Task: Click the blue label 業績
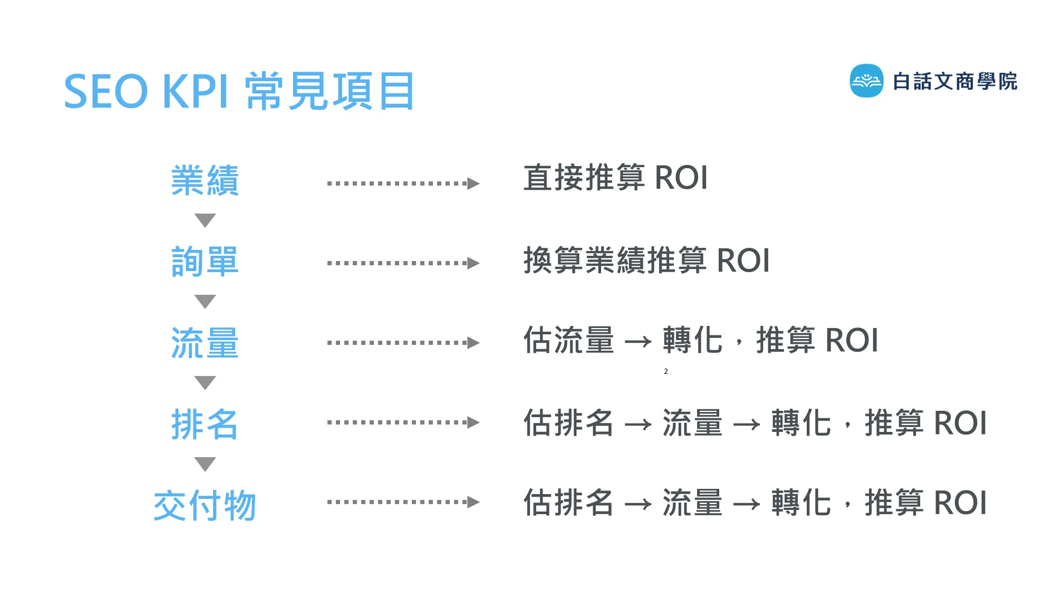(205, 180)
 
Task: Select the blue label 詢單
(205, 262)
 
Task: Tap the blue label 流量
(205, 343)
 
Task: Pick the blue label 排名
(205, 424)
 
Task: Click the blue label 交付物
(205, 505)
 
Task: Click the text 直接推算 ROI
(615, 178)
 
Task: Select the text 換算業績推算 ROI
(646, 261)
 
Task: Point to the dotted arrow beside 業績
(403, 184)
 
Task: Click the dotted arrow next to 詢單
(403, 263)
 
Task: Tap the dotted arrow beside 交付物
(403, 502)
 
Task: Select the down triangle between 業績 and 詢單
(205, 220)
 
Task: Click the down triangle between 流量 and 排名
(205, 382)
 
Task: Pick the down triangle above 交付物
(205, 464)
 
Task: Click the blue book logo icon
(866, 81)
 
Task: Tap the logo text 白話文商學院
(955, 82)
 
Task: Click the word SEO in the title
(106, 92)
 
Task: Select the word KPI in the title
(196, 92)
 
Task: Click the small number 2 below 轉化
(666, 372)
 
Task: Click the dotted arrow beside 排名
(403, 422)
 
